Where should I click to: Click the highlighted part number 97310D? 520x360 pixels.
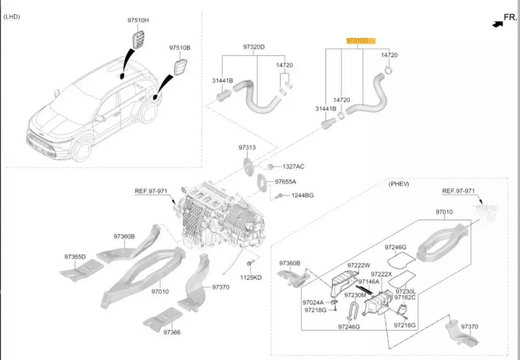point(357,40)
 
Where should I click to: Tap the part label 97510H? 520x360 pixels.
point(138,20)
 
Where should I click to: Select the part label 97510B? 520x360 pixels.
point(179,47)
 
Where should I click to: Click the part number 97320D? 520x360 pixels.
point(254,47)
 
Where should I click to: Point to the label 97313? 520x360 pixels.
point(247,148)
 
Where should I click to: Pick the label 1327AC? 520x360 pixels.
point(293,166)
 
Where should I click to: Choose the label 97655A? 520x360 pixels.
point(285,182)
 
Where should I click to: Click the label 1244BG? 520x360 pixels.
point(302,195)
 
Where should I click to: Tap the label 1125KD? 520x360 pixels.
point(251,277)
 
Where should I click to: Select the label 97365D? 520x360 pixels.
point(75,256)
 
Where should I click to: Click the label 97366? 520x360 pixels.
point(172,332)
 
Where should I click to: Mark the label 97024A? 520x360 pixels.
point(313,302)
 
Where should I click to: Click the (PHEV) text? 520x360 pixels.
point(399,184)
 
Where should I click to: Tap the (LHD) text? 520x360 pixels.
point(11,17)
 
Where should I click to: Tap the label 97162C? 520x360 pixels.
point(405,298)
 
